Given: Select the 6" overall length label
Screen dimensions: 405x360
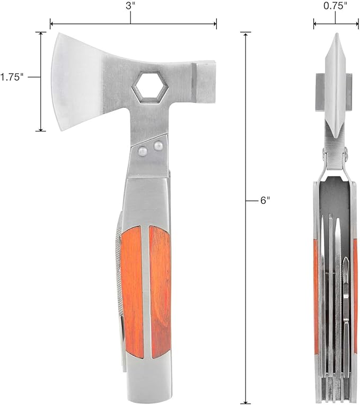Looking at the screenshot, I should pos(265,200).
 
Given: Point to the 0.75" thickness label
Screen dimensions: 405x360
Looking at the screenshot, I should pos(335,6).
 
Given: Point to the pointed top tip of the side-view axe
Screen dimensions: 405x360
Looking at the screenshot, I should pos(335,35).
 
